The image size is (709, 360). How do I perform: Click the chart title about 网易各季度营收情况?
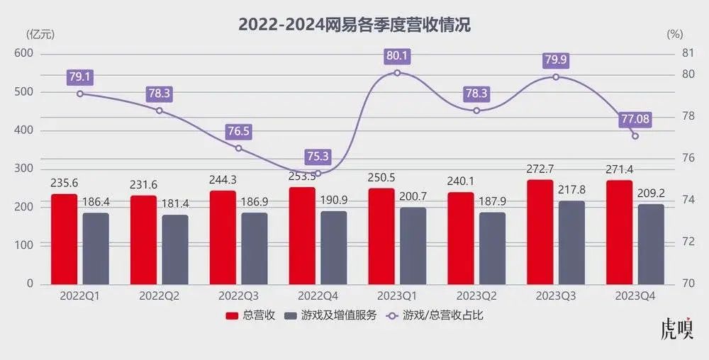click(x=354, y=25)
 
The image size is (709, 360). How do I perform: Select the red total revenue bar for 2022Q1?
click(x=65, y=239)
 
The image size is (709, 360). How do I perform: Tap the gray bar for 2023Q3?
click(x=572, y=242)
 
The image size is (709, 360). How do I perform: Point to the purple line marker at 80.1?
click(x=397, y=72)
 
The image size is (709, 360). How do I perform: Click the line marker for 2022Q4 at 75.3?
click(x=318, y=173)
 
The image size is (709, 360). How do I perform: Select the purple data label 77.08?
click(x=635, y=119)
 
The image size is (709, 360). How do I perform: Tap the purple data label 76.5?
click(x=238, y=131)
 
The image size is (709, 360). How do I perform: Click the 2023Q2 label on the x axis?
click(x=476, y=295)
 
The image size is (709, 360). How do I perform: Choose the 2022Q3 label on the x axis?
click(x=238, y=295)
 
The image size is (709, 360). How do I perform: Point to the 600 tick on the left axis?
click(x=24, y=54)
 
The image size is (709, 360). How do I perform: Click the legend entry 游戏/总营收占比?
click(x=434, y=315)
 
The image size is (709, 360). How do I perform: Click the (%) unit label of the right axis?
click(x=675, y=33)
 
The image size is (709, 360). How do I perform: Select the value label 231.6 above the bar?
click(x=143, y=184)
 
